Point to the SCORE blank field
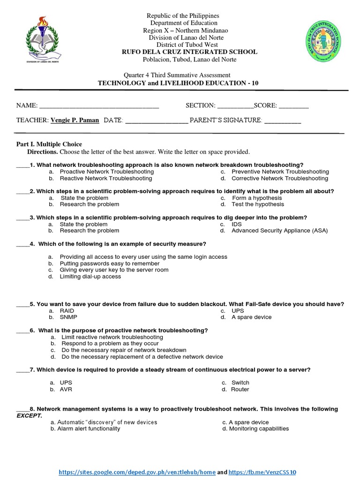tap(294, 106)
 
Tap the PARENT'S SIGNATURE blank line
tap(283, 121)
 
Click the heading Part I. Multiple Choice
tap(49, 144)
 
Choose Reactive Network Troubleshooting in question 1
tap(105, 179)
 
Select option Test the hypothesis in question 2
tap(257, 204)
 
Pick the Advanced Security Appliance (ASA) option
tap(279, 231)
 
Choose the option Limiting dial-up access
tap(90, 277)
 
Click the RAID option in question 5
tap(67, 311)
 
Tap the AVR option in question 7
tap(66, 390)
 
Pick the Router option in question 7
tap(240, 390)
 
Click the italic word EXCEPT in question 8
tap(29, 416)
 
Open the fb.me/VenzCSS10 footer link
tap(263, 472)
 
